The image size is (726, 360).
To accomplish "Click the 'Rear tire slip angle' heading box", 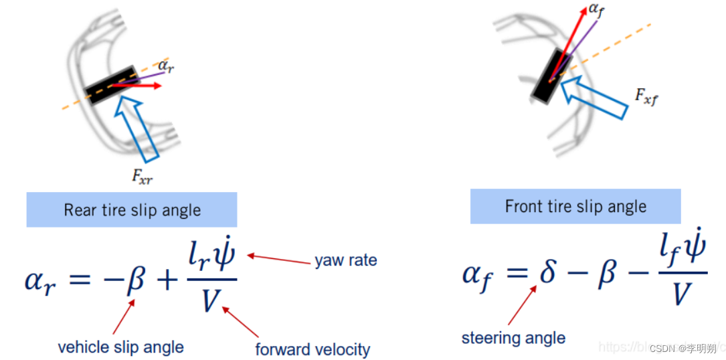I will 132,210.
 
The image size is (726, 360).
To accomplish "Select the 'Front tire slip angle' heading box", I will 575,206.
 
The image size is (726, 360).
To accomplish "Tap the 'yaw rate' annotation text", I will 345,260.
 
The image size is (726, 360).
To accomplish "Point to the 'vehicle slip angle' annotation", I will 120,347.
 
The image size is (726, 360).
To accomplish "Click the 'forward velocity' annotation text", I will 312,349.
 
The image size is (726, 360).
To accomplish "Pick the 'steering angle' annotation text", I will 513,338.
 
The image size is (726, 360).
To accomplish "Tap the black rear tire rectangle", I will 111,85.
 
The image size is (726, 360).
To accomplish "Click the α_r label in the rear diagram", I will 167,66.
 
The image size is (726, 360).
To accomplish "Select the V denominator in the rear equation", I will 209,300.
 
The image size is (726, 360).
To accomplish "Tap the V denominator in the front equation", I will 680,294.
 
